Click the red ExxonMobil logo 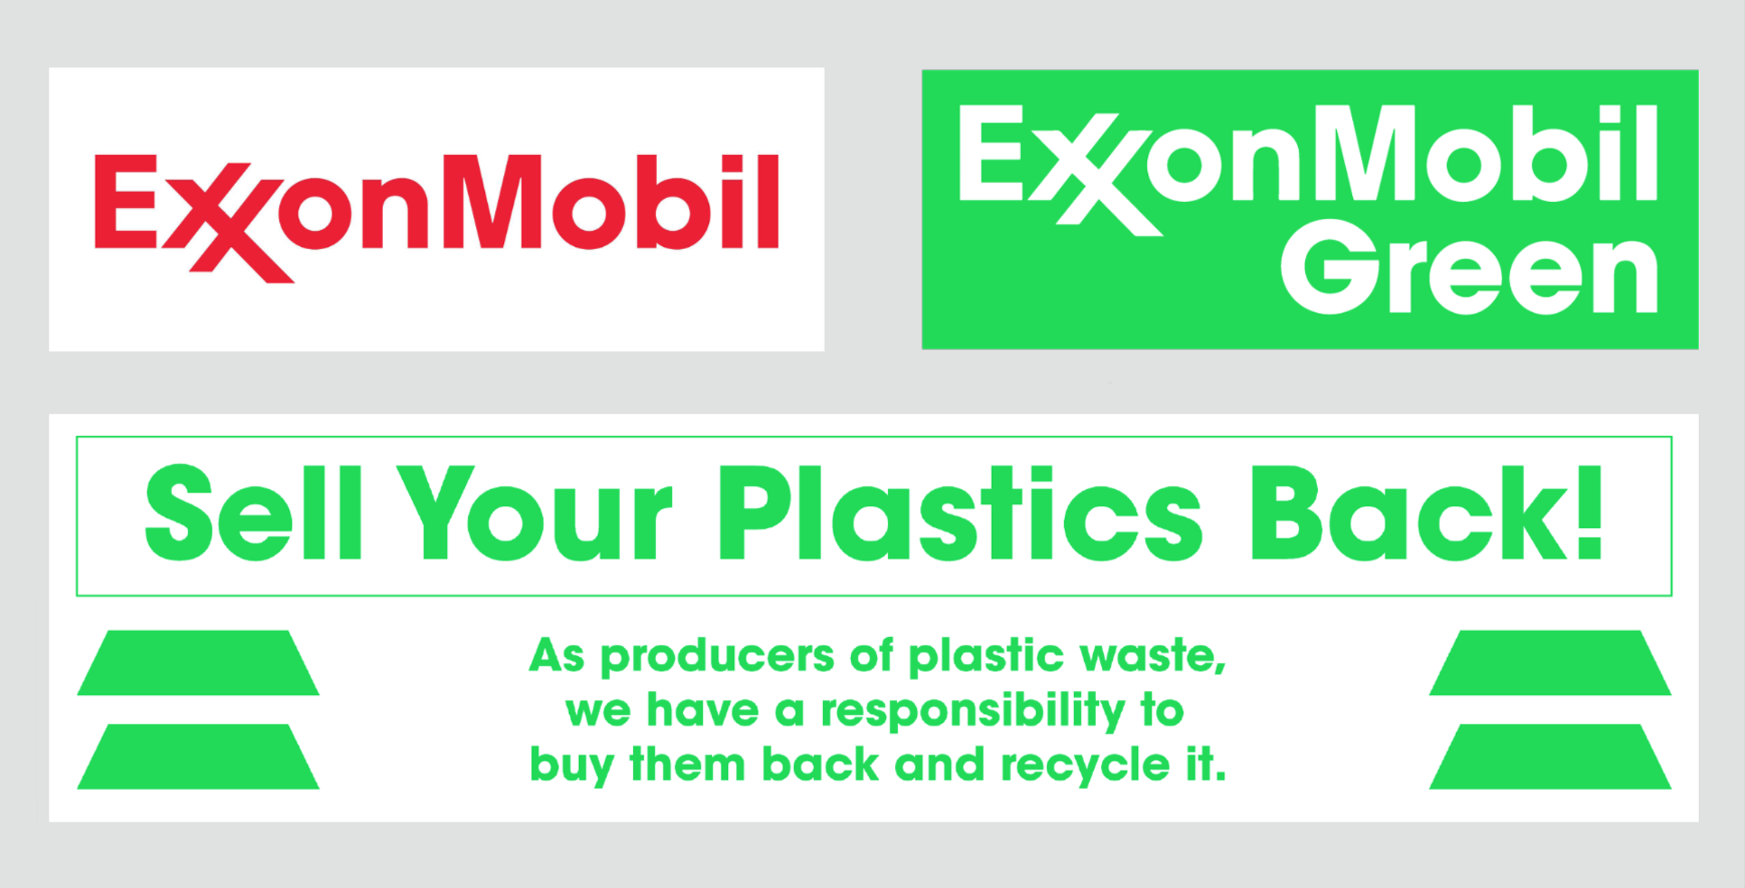point(436,218)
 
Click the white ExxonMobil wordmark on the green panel point(1308,169)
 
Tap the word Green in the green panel point(1469,276)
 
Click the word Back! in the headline point(1427,512)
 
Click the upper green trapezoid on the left point(198,662)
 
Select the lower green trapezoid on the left point(198,757)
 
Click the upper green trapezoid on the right point(1550,662)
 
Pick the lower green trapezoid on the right point(1550,757)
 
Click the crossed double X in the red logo point(227,222)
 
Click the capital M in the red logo point(492,201)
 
